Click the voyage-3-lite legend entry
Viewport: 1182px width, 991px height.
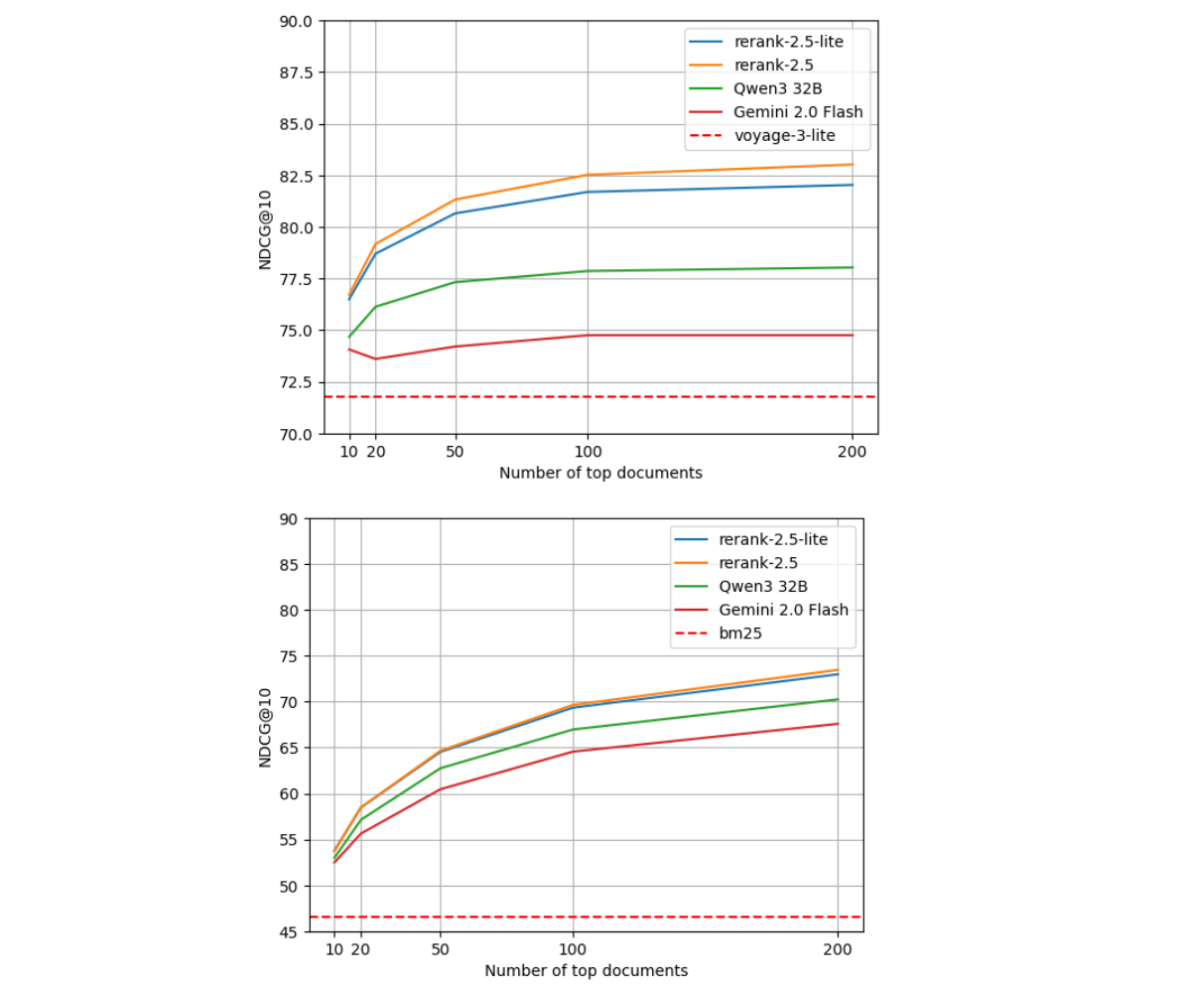click(777, 135)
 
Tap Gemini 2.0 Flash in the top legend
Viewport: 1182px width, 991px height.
click(798, 111)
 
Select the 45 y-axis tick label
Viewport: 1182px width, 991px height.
click(289, 931)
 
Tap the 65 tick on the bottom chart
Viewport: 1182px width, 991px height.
click(289, 748)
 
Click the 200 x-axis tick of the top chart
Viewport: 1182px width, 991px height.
click(852, 451)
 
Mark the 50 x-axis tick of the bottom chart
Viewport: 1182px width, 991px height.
click(441, 949)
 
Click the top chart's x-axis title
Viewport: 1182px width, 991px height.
click(600, 474)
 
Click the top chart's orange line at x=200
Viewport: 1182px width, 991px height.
click(852, 165)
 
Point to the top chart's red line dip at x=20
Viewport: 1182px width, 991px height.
click(375, 358)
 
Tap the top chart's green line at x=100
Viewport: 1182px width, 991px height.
click(588, 271)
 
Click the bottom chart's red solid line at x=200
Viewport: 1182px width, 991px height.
click(838, 724)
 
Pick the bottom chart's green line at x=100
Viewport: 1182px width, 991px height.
click(573, 730)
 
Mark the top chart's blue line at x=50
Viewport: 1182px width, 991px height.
click(456, 213)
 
